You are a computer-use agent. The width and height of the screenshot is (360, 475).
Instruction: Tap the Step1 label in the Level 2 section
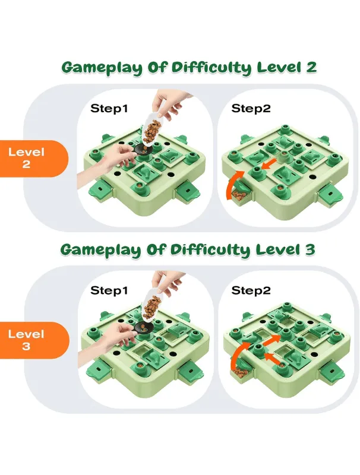[109, 109]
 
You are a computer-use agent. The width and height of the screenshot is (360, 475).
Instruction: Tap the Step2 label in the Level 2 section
[251, 109]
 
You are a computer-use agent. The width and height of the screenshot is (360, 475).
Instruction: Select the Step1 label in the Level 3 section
[109, 290]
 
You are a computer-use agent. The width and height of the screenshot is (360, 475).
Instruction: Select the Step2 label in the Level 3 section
[251, 290]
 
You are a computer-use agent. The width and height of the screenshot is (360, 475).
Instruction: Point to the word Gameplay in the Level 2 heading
[102, 68]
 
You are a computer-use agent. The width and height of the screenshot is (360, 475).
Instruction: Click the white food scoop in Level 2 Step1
[151, 129]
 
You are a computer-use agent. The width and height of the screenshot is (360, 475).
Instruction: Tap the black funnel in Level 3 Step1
[143, 327]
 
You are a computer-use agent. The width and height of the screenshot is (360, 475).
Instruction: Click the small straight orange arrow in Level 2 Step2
[269, 164]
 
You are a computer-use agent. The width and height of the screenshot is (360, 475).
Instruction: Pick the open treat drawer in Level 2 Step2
[239, 195]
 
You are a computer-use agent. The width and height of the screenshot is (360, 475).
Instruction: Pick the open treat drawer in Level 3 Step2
[242, 372]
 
